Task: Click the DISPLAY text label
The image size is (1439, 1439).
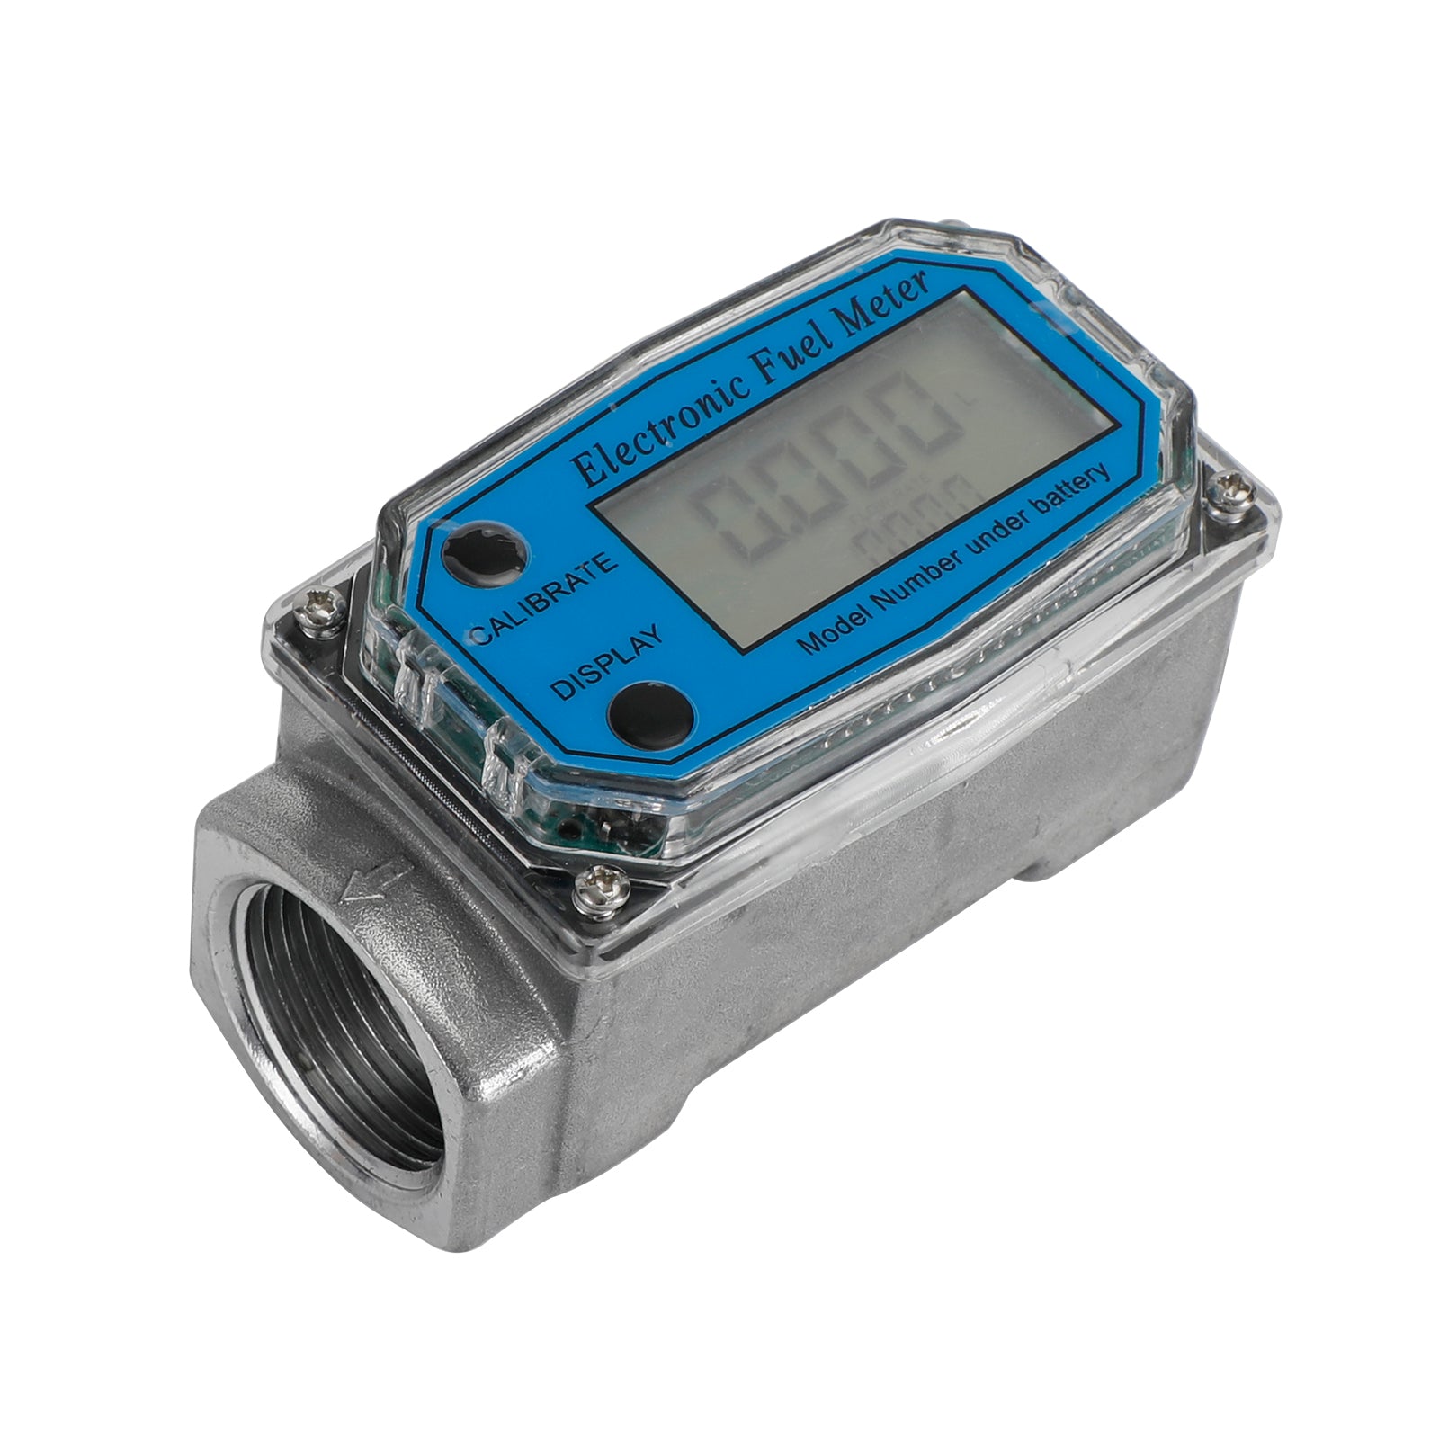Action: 604,662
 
